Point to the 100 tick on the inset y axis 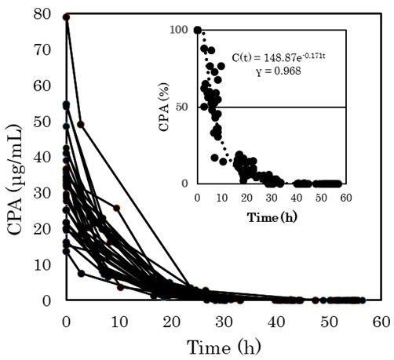[181, 30]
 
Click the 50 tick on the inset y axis [184, 107]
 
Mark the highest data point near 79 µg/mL [67, 17]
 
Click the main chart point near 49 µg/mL [80, 125]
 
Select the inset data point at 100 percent [197, 30]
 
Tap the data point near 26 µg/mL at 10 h [117, 208]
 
